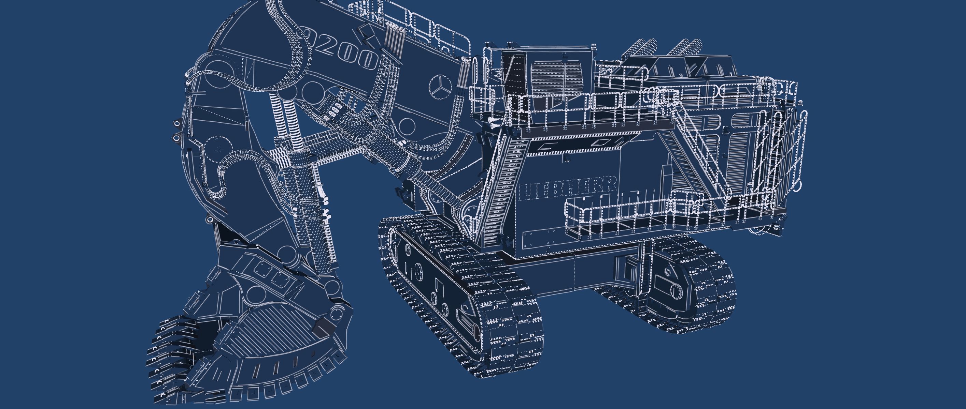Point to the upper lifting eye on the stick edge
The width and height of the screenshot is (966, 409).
[x=176, y=124]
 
